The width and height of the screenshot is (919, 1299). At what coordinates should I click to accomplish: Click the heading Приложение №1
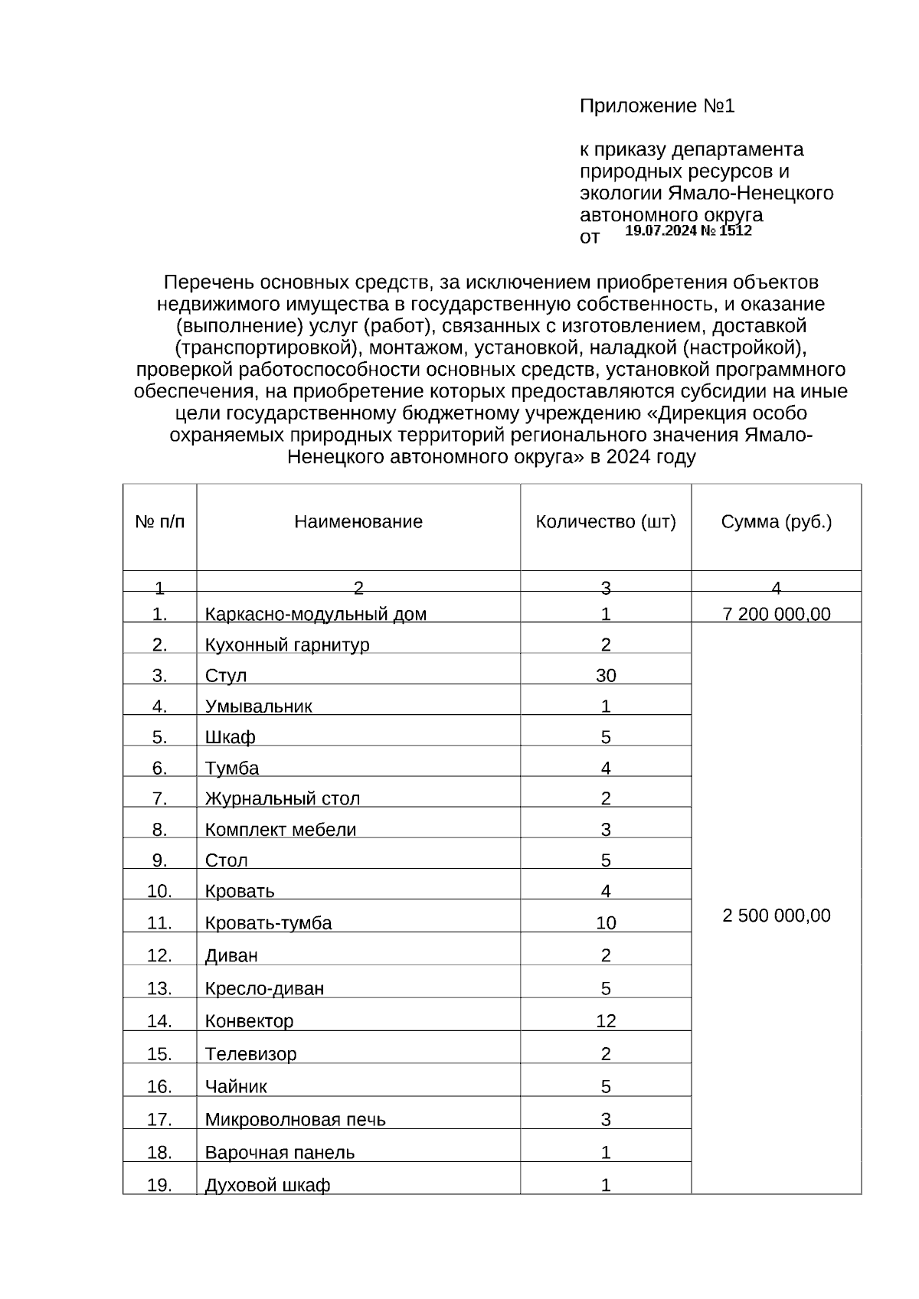[x=656, y=106]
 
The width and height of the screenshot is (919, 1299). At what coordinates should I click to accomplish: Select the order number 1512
[x=736, y=230]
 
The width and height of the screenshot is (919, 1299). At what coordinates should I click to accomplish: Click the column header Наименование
[x=358, y=522]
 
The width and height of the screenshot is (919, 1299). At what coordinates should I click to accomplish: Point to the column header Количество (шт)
[x=606, y=522]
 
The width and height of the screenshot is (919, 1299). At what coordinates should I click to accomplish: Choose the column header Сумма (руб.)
[x=776, y=522]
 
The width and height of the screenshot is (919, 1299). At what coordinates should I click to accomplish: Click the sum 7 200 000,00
[x=776, y=614]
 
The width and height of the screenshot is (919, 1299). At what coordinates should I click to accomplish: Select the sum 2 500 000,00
[x=776, y=916]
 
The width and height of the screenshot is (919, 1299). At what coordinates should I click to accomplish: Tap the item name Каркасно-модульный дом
[x=316, y=614]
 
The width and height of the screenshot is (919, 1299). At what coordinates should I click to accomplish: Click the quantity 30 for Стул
[x=606, y=675]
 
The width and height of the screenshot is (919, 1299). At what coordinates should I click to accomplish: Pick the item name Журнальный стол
[x=282, y=798]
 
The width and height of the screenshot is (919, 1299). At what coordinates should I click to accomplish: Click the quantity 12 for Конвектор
[x=606, y=1020]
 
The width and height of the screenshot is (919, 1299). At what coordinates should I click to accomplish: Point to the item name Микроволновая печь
[x=295, y=1119]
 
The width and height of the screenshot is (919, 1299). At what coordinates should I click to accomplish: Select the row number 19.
[x=159, y=1185]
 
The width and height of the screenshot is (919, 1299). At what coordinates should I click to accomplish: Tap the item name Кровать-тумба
[x=268, y=922]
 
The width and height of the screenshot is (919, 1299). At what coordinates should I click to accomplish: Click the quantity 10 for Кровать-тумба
[x=606, y=922]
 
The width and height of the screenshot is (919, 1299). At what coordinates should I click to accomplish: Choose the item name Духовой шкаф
[x=267, y=1185]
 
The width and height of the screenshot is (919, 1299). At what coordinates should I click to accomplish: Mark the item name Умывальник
[x=258, y=706]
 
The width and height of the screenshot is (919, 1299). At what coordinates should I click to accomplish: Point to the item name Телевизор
[x=250, y=1053]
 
